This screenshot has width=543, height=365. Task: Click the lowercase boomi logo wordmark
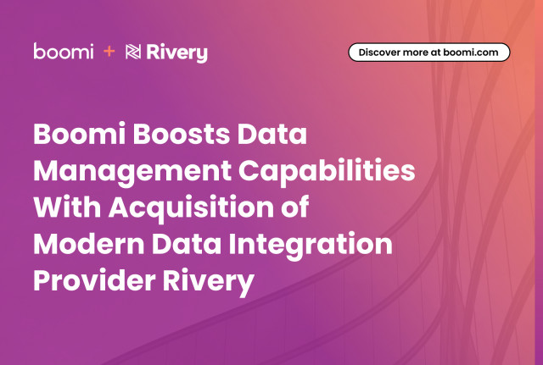point(64,51)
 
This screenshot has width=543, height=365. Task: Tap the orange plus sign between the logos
point(109,52)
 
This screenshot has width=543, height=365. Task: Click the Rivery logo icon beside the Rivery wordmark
point(133,52)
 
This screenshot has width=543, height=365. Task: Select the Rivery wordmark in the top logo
point(176,53)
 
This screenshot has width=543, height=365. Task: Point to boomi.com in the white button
point(471,53)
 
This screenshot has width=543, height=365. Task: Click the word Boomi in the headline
point(79,134)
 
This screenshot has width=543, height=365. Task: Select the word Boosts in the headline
point(181,134)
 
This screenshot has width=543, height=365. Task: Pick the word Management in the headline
point(132,172)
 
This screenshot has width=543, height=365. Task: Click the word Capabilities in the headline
point(327,172)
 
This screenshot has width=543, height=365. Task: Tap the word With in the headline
point(67,207)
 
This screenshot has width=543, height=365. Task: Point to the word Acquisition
point(192,208)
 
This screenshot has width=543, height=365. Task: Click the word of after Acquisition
point(295,207)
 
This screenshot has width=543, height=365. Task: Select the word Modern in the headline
point(88,244)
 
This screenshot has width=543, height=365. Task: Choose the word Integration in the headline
point(311,246)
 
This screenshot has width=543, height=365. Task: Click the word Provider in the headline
point(94,280)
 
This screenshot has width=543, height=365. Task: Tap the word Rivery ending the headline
point(209,283)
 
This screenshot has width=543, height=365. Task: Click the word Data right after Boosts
point(272,134)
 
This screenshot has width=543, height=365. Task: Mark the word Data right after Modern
point(187,244)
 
